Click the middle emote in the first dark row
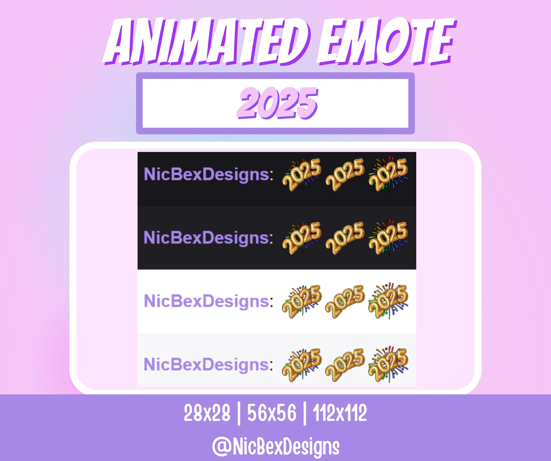[x=345, y=174]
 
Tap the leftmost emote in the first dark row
[x=301, y=174]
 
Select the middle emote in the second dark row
[x=345, y=238]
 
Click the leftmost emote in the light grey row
[x=301, y=365]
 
